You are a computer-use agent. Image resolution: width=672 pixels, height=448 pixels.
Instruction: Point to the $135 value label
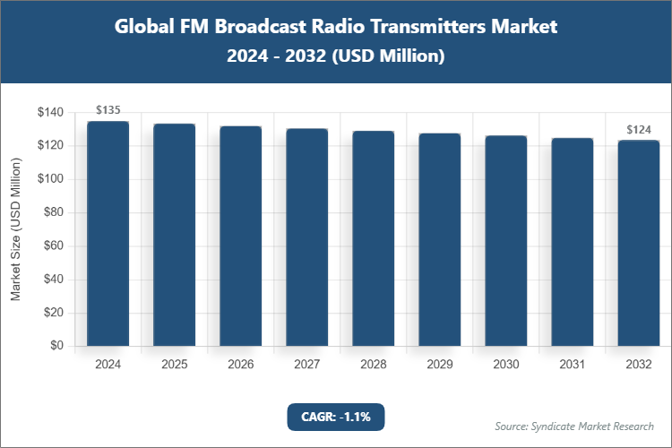pyautogui.click(x=108, y=110)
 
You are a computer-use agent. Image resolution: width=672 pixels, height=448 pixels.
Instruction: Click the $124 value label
pyautogui.click(x=638, y=129)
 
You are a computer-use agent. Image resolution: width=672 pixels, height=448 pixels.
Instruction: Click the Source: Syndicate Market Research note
pyautogui.click(x=573, y=426)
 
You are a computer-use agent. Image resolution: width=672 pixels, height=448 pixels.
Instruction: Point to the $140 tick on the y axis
pyautogui.click(x=50, y=113)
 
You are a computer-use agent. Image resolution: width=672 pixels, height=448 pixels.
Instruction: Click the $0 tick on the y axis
pyautogui.click(x=56, y=346)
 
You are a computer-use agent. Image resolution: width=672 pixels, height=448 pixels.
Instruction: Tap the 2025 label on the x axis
pyautogui.click(x=174, y=365)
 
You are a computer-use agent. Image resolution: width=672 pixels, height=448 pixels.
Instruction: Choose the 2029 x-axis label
pyautogui.click(x=439, y=365)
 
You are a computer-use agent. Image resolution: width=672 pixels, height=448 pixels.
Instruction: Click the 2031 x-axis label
pyautogui.click(x=572, y=365)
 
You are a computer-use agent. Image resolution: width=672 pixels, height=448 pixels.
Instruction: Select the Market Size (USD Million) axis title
pyautogui.click(x=16, y=229)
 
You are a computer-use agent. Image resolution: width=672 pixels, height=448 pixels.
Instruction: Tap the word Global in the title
pyautogui.click(x=146, y=26)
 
